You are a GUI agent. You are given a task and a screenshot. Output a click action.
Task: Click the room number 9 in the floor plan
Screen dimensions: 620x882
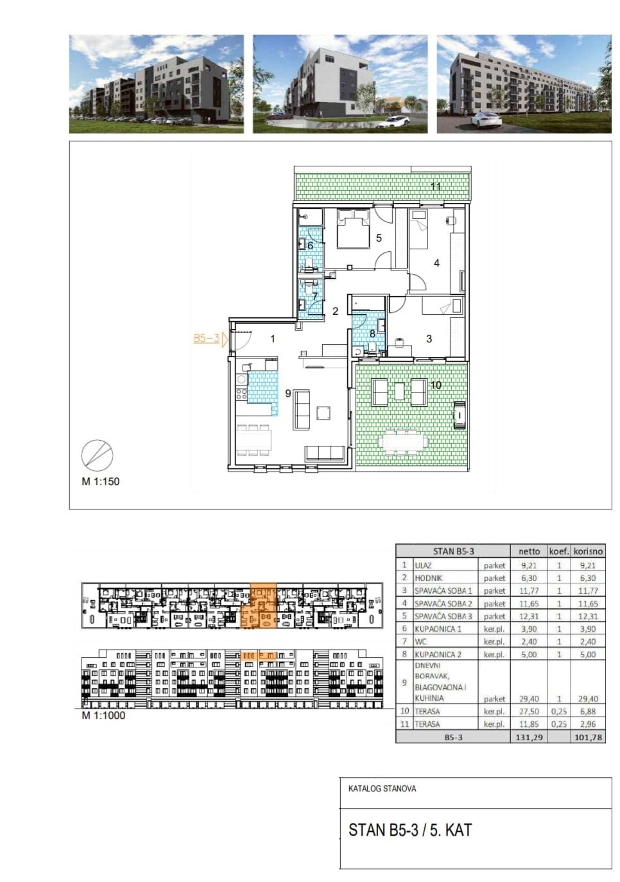coord(288,393)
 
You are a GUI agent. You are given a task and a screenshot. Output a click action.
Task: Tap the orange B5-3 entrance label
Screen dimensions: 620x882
coord(206,339)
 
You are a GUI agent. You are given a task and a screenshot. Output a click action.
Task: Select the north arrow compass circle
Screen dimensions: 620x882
coord(97,455)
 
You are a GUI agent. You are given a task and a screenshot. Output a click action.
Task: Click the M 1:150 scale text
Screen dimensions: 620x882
coord(100,481)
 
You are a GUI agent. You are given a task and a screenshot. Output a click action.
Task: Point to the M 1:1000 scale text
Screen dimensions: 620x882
coord(103,716)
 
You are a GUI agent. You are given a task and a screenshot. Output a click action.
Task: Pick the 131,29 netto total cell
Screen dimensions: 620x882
coord(529,737)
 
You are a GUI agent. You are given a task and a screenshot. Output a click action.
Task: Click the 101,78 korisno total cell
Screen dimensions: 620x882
coord(588,737)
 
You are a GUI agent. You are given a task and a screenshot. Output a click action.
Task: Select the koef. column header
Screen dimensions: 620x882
coord(559,551)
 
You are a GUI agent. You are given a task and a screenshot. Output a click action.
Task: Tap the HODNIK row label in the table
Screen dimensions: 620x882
coord(428,578)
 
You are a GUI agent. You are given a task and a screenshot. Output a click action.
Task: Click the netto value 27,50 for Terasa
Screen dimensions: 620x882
coord(529,712)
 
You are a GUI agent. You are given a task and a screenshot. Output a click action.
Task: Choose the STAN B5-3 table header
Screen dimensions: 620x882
coord(453,551)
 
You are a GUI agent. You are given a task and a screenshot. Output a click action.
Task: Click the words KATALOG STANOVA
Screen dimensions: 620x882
coord(382,789)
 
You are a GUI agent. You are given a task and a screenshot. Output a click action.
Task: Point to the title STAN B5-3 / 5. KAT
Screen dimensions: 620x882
coord(410,830)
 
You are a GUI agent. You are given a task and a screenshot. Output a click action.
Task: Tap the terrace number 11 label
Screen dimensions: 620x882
coord(435,186)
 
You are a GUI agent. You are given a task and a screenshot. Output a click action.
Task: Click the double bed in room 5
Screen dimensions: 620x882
coord(353,229)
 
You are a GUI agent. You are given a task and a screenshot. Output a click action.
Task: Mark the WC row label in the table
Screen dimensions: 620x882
coord(420,641)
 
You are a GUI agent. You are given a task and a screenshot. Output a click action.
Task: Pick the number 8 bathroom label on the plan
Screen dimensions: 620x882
coord(372,334)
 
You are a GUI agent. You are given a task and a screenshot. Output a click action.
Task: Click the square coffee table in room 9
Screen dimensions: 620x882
coord(323,413)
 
